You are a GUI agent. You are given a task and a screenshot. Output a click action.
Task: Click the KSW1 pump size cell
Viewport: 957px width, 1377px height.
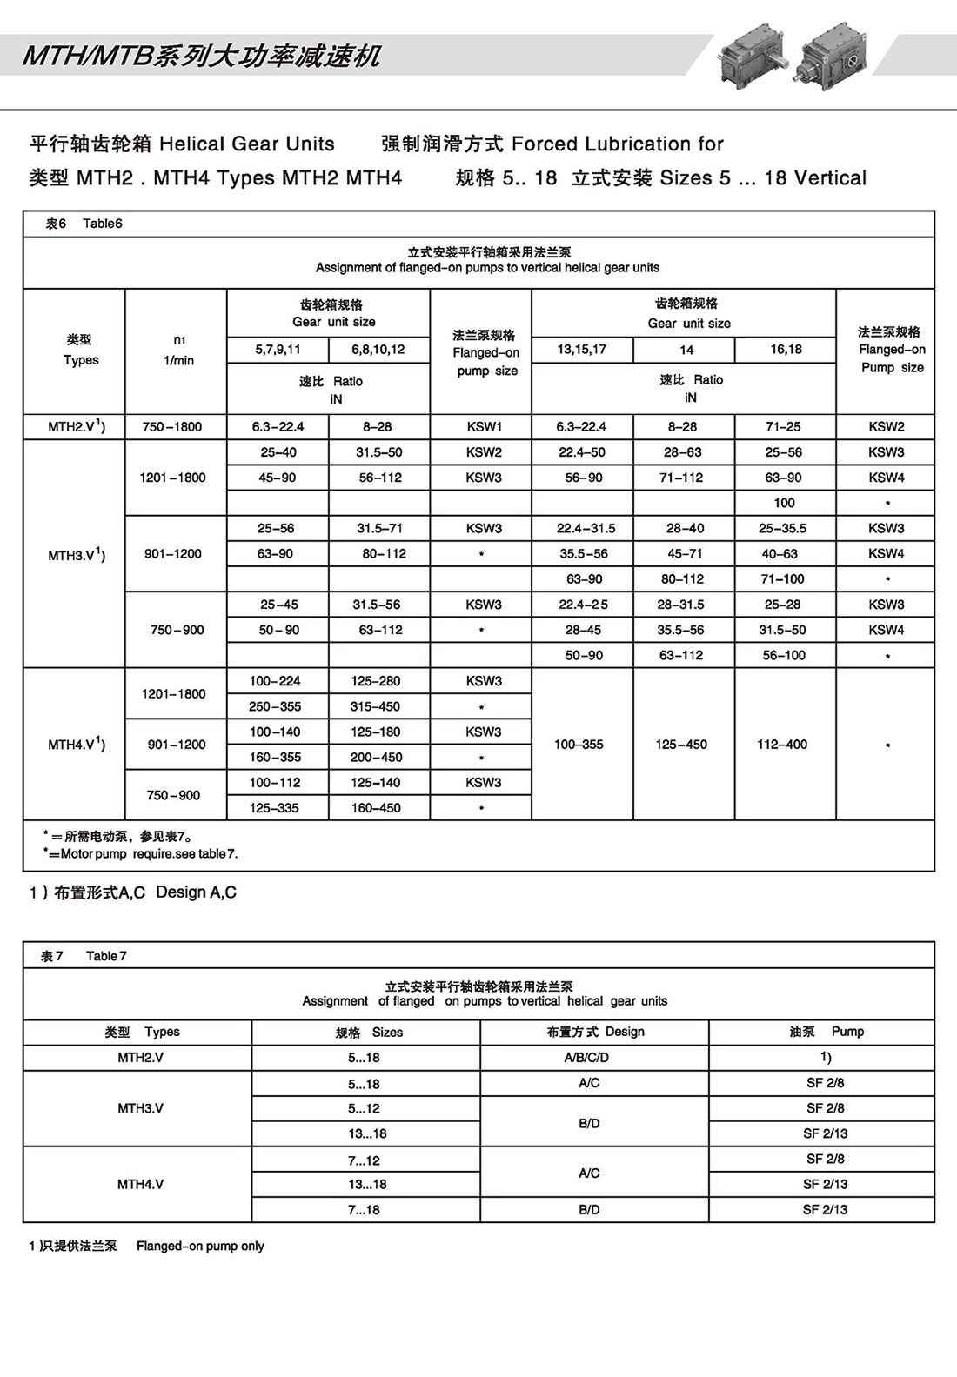484,427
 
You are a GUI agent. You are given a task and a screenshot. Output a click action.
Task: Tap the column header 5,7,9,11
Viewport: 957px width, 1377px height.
278,350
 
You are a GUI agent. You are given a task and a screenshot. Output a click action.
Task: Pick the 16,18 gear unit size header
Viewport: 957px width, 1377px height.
786,350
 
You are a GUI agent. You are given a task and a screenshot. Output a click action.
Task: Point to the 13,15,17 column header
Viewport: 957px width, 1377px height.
582,350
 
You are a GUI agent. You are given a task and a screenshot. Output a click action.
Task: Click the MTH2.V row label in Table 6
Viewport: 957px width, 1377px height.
77,427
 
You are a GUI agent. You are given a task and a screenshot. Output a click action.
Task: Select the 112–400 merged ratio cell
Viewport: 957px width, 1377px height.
782,745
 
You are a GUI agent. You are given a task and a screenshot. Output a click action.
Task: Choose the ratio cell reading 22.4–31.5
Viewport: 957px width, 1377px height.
586,529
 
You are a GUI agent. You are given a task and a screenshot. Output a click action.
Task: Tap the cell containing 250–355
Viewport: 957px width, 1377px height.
275,707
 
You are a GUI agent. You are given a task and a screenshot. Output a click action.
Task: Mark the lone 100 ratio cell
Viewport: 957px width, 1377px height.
784,503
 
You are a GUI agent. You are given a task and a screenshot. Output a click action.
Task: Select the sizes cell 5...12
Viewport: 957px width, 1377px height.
364,1109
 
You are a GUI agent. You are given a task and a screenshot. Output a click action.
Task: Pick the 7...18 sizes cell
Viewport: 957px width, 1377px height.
364,1210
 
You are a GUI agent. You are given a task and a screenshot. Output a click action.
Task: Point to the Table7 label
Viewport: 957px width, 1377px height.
106,956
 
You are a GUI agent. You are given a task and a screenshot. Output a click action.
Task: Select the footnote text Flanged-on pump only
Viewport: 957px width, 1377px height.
200,1247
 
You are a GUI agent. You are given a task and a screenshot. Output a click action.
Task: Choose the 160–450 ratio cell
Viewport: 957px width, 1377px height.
376,808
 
